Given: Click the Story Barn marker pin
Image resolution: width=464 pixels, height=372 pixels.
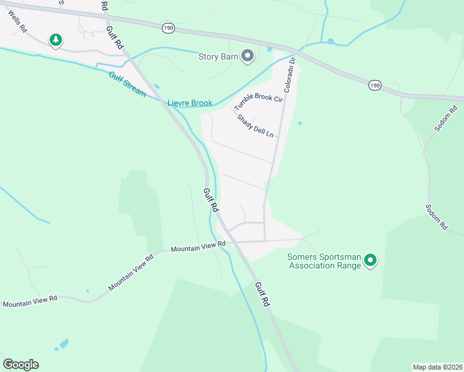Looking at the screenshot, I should click(248, 56).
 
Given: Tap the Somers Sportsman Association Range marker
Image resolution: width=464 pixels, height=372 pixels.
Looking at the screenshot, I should click(370, 260).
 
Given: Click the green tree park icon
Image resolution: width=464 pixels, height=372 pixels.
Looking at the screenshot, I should click(56, 40).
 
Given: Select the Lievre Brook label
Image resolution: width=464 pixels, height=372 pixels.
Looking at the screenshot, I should click(190, 103).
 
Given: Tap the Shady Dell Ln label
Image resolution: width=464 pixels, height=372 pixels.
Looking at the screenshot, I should click(254, 125).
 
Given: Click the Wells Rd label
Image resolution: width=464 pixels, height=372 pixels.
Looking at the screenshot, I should click(19, 24).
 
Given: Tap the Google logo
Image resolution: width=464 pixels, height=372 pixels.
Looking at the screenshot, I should click(20, 365).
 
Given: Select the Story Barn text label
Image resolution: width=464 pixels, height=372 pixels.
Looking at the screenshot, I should click(218, 57).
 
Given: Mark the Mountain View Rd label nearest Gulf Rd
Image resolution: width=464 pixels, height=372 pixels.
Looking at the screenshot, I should click(198, 247).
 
